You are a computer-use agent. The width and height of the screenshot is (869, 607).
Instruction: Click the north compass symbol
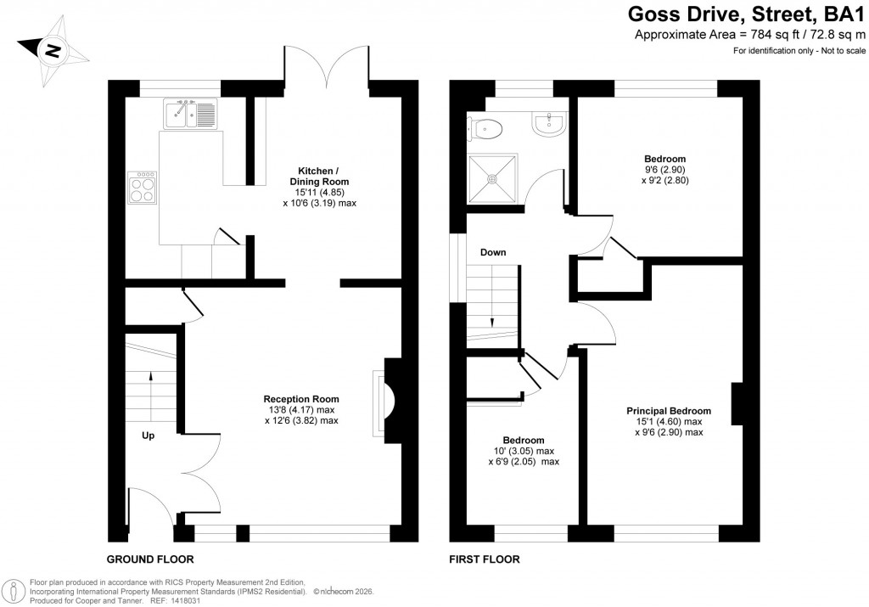(x=53, y=52)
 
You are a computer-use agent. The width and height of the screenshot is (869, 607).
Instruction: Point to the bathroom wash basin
(x=550, y=124)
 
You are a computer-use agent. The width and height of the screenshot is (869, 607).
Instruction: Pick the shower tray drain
(x=491, y=178)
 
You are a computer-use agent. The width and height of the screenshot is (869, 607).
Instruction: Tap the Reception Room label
(x=301, y=398)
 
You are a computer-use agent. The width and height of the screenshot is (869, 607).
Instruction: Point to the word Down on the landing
(x=494, y=253)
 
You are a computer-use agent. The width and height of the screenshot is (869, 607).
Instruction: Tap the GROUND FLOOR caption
(x=149, y=559)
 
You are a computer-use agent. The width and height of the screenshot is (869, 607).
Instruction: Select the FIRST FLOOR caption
(x=485, y=559)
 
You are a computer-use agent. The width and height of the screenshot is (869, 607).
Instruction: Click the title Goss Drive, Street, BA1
(x=746, y=14)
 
